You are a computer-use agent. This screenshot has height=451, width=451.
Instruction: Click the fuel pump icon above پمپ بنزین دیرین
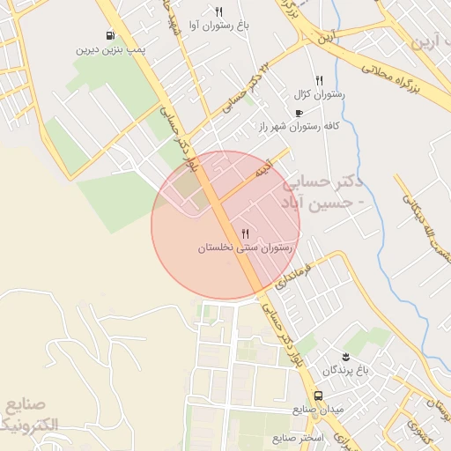tap(109, 36)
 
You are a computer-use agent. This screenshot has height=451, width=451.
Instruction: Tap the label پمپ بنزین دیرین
tap(109, 50)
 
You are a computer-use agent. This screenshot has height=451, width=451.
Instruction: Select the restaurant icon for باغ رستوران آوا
tap(218, 12)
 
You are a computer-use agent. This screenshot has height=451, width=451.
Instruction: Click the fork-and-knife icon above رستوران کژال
tap(319, 79)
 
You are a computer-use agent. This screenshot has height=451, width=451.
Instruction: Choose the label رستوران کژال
tap(320, 93)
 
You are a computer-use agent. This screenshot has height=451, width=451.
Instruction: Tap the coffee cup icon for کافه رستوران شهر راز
tap(299, 114)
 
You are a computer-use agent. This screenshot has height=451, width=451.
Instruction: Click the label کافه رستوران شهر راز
tap(299, 127)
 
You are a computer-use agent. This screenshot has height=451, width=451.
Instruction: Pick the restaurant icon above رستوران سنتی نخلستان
tap(245, 233)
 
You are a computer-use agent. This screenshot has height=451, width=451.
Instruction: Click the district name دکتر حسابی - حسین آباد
tap(323, 192)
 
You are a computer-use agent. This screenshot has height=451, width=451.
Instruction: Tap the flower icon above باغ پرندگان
tap(346, 356)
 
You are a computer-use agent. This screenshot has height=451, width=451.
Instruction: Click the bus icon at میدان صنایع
tap(318, 396)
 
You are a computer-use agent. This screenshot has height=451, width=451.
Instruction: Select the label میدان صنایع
tap(320, 411)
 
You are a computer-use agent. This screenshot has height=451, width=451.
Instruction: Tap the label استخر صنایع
tap(299, 438)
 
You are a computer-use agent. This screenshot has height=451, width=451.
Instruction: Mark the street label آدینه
tap(264, 166)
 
